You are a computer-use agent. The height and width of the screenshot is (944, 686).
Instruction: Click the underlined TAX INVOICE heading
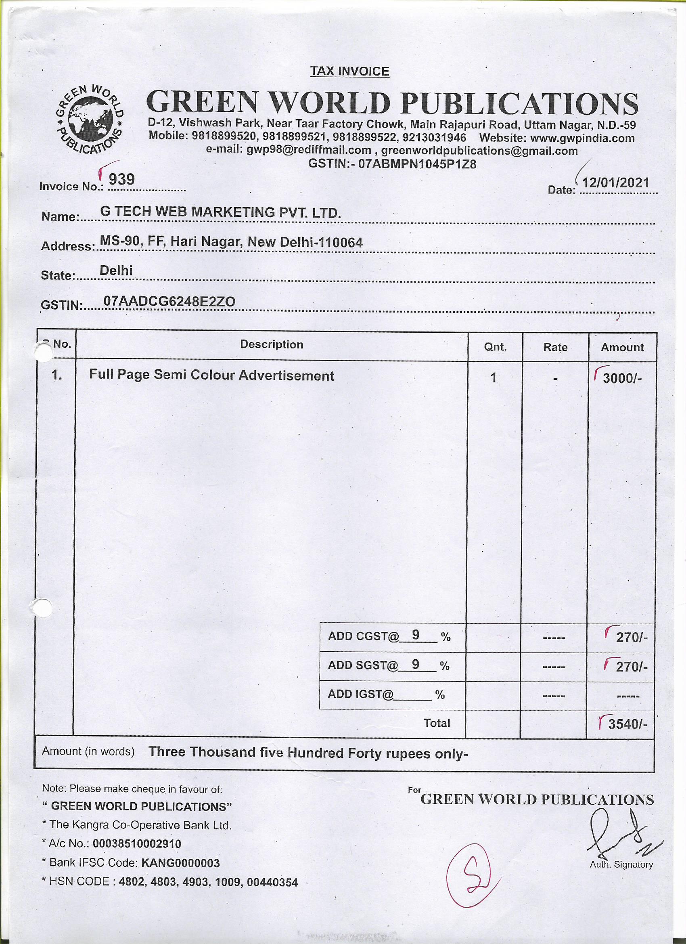pos(349,71)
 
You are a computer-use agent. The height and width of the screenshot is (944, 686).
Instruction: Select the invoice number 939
pos(121,179)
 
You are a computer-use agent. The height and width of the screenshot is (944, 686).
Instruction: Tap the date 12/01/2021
pos(615,183)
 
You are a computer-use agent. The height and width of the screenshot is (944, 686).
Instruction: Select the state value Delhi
pos(116,271)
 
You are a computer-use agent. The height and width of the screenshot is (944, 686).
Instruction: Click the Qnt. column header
pos(495,347)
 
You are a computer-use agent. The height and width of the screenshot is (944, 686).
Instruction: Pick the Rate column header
pos(555,347)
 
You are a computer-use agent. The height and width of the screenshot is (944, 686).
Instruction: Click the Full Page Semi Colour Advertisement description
pos(211,376)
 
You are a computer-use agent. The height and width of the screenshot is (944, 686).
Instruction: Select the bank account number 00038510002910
pos(137,844)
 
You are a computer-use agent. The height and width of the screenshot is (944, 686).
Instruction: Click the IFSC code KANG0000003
pos(180,863)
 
